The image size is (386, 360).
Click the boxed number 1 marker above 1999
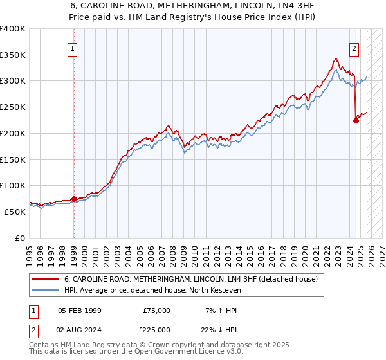point(73,48)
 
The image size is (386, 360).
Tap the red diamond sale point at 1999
point(74,199)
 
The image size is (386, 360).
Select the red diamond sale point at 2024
point(356,120)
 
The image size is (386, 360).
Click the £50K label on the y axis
point(15,212)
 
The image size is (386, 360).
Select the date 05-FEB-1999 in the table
point(79,310)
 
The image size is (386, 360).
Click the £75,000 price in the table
point(156,310)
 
